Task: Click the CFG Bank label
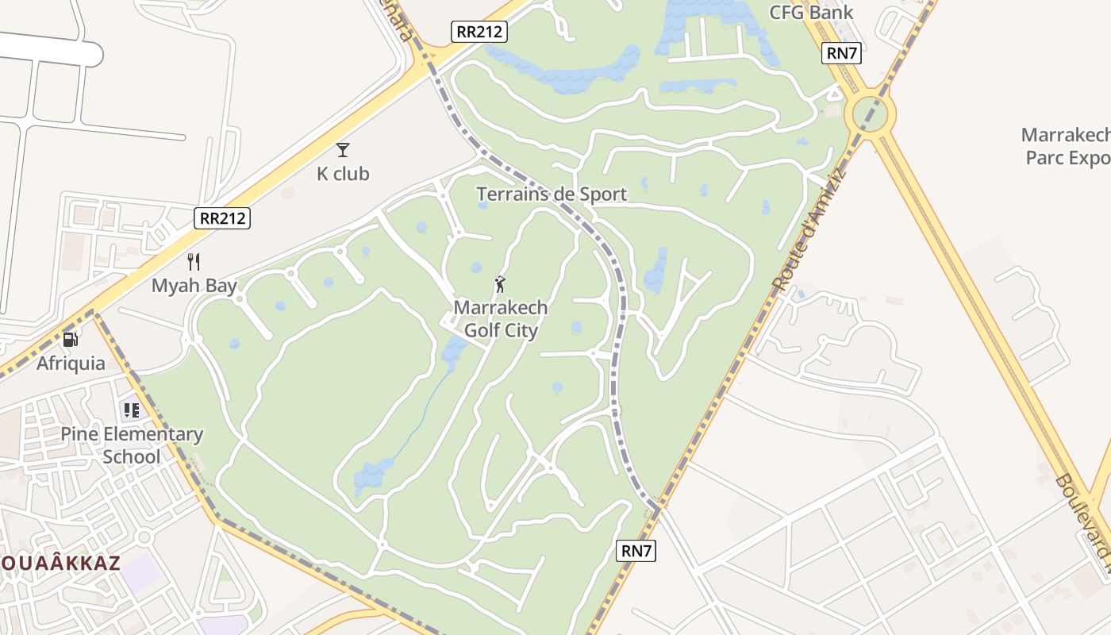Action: tap(811, 12)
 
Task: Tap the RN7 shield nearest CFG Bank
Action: tap(841, 53)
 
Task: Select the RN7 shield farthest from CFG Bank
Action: tap(636, 550)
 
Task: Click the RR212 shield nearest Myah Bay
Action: tap(222, 218)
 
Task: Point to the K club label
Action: tap(343, 174)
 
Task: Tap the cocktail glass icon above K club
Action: tap(343, 149)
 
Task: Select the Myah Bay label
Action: tap(194, 286)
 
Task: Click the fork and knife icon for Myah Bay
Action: tap(194, 261)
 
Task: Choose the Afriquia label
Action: tap(71, 364)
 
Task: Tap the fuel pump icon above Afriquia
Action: tap(71, 340)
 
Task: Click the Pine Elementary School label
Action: tap(132, 445)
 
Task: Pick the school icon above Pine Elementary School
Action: tap(131, 410)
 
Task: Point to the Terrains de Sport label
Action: tap(552, 194)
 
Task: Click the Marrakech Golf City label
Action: tap(501, 318)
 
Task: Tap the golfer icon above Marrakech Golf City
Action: tap(500, 283)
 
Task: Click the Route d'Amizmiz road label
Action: tap(809, 230)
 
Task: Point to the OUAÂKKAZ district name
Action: tap(60, 564)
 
